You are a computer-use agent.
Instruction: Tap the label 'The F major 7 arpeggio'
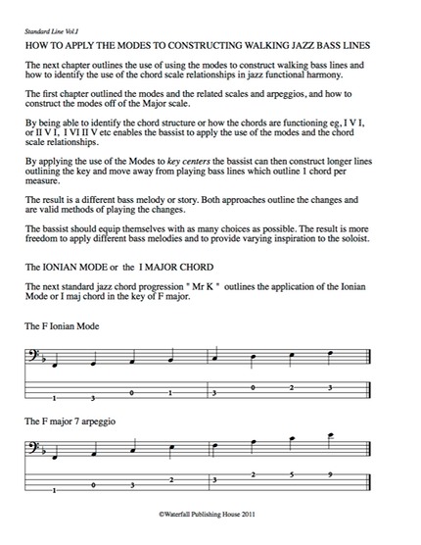click(x=73, y=421)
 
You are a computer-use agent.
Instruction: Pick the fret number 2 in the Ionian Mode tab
click(x=291, y=385)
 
